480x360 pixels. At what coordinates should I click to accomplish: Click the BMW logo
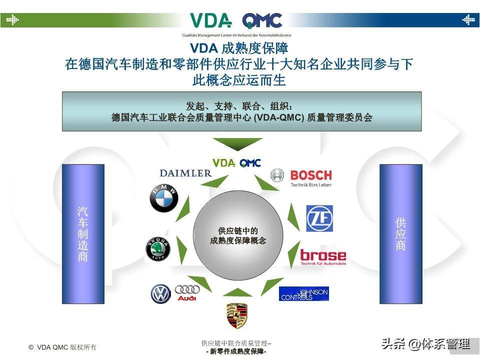[164, 198]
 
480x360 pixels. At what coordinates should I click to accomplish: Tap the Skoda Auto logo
[158, 249]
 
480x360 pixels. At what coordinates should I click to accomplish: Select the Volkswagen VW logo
[161, 294]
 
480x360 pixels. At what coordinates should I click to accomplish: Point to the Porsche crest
[237, 315]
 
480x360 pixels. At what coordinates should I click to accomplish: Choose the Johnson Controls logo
[304, 293]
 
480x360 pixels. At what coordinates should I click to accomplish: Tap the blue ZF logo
[319, 218]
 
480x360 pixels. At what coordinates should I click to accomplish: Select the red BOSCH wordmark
[310, 175]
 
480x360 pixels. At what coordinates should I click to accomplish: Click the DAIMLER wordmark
[185, 173]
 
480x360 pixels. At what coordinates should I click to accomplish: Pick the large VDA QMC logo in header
[236, 21]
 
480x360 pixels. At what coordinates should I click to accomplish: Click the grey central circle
[238, 235]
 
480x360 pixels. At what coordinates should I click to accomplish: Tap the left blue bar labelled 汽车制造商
[83, 233]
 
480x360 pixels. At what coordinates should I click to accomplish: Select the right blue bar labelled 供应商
[400, 233]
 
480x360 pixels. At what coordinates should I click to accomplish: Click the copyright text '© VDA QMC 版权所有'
[62, 347]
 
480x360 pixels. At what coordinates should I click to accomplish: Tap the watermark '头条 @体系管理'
[425, 344]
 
